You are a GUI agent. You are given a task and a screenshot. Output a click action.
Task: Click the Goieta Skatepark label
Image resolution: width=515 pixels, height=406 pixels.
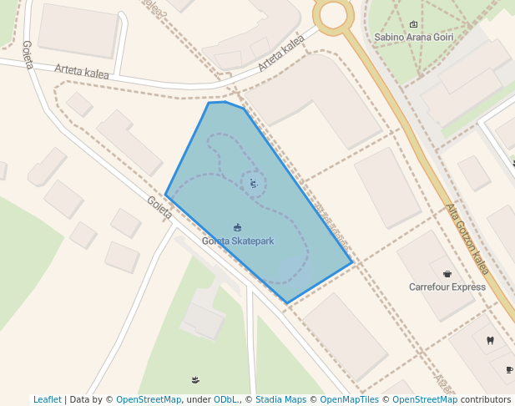(238, 241)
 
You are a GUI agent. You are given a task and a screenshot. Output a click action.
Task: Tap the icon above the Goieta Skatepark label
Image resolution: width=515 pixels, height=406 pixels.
(238, 227)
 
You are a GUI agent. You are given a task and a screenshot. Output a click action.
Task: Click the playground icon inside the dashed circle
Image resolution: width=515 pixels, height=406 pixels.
(254, 183)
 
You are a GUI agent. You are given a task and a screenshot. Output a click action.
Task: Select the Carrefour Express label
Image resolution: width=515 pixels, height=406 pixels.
(447, 287)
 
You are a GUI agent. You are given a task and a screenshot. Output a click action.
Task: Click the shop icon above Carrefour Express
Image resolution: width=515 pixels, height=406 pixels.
(447, 273)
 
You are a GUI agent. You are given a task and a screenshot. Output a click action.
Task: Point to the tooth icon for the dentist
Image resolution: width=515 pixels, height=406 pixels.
(490, 340)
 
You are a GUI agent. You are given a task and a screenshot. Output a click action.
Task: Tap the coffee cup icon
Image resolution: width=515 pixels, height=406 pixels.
(509, 369)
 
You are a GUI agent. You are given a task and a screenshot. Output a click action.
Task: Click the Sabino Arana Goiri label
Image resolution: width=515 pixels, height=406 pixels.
(414, 38)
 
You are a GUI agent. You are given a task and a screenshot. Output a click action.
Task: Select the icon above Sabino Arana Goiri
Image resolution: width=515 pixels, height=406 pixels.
(415, 24)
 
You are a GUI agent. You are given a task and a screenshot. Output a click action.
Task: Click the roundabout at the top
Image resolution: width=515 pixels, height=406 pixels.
(334, 13)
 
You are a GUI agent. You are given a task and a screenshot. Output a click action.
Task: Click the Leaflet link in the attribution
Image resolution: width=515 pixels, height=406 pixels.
(47, 399)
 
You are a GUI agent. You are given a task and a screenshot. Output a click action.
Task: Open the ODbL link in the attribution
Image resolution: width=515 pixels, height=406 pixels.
(224, 399)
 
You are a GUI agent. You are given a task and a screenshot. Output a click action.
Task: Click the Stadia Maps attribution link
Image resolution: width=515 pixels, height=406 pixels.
(280, 399)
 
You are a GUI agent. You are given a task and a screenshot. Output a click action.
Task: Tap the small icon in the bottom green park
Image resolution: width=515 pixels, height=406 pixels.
(195, 380)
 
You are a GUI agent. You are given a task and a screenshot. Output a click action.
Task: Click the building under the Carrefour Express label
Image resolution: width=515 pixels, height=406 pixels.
(451, 313)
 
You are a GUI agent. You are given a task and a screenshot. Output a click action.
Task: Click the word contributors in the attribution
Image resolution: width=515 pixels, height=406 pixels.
(486, 399)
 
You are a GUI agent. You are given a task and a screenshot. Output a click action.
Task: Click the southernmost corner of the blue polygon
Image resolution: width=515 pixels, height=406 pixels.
(287, 303)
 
